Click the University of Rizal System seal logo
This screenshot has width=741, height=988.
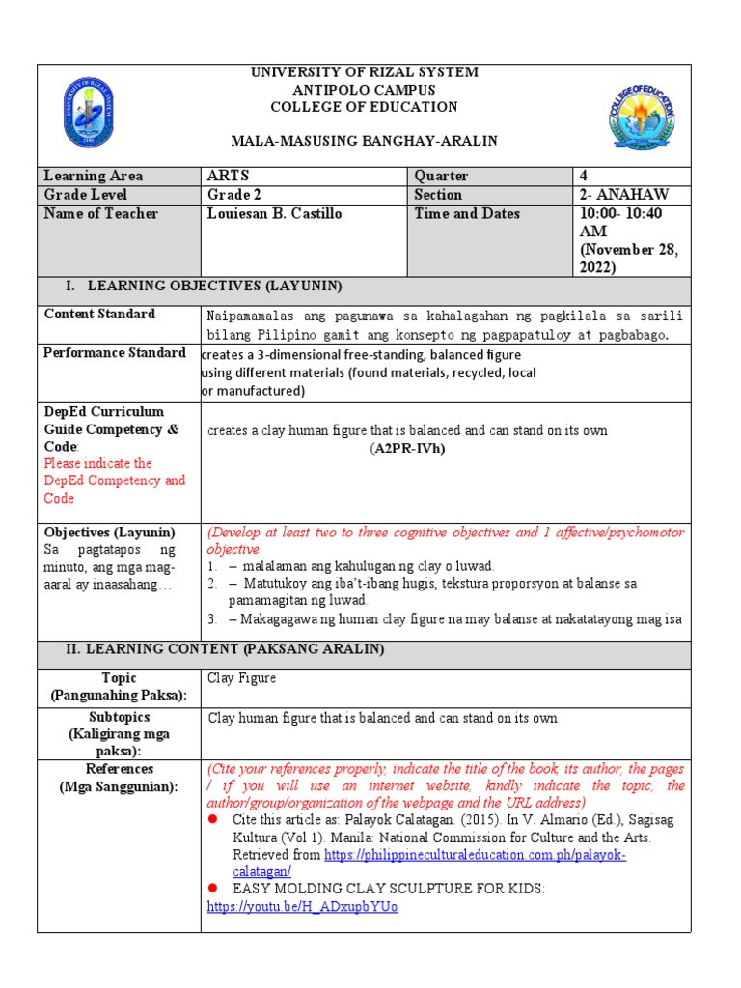tap(89, 112)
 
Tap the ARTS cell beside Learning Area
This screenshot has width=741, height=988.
tap(229, 176)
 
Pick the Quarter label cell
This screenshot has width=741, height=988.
tap(441, 176)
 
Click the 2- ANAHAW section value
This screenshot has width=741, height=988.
tap(618, 195)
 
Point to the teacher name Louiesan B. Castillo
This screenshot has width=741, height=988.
tap(275, 214)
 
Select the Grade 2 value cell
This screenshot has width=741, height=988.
tap(233, 195)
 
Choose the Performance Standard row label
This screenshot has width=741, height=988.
tap(115, 353)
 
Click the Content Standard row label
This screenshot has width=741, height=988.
tap(99, 315)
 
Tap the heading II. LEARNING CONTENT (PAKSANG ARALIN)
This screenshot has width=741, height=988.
tap(225, 649)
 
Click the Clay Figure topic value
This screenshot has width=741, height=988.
tap(242, 678)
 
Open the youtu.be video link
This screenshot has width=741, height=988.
tap(302, 907)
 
